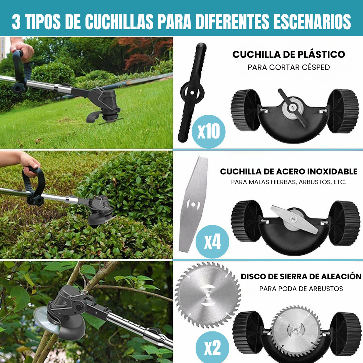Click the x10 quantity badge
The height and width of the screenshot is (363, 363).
208,131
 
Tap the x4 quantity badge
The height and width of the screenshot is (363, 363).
212,242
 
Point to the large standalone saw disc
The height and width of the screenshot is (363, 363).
204,295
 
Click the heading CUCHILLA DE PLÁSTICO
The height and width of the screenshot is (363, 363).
289,54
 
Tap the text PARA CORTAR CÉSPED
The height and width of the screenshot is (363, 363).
289,67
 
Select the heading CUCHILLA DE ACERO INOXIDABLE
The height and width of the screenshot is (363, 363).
289,172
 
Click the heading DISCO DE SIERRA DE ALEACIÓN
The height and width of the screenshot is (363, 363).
301,277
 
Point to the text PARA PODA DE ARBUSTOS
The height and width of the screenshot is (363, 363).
301,289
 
